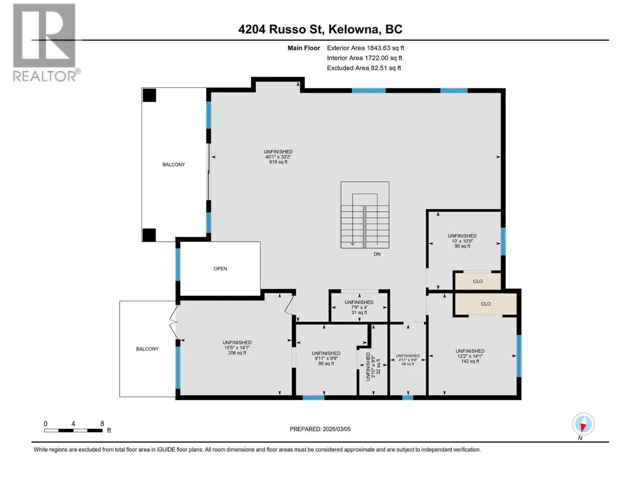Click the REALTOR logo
pyautogui.click(x=45, y=42)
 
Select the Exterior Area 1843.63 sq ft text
pyautogui.click(x=365, y=48)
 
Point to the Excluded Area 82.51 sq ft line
pyautogui.click(x=364, y=68)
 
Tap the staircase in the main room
pyautogui.click(x=365, y=215)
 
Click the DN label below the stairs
pyautogui.click(x=377, y=254)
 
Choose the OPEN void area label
pyautogui.click(x=220, y=269)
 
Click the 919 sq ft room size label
pyautogui.click(x=278, y=162)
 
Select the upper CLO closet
pyautogui.click(x=478, y=281)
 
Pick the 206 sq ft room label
pyautogui.click(x=237, y=352)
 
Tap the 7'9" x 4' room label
pyautogui.click(x=359, y=307)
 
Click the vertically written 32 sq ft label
pyautogui.click(x=378, y=366)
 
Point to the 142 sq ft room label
pyautogui.click(x=470, y=361)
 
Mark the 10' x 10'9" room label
pyautogui.click(x=462, y=240)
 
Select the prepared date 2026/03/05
pyautogui.click(x=337, y=429)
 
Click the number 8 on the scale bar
pyautogui.click(x=102, y=423)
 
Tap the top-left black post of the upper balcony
pyautogui.click(x=149, y=95)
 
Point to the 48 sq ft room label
pyautogui.click(x=408, y=364)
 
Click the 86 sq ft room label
pyautogui.click(x=326, y=363)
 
